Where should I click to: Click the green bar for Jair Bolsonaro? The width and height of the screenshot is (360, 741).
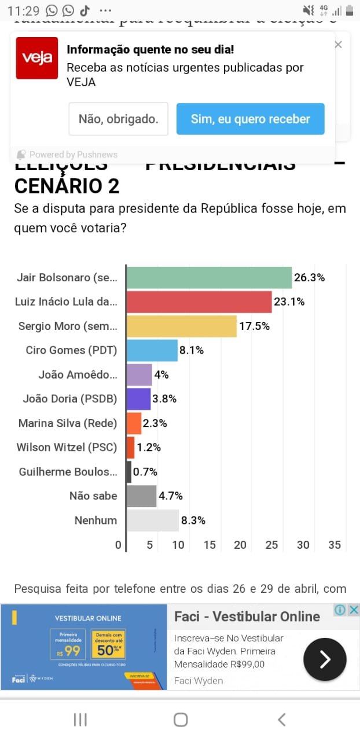[x=209, y=277]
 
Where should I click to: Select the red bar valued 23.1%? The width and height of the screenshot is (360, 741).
[x=199, y=302]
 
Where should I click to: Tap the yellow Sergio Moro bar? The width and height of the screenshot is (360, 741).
[x=182, y=326]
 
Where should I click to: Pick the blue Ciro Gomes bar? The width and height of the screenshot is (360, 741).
[x=152, y=350]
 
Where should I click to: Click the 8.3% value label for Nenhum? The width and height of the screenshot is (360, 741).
[x=193, y=520]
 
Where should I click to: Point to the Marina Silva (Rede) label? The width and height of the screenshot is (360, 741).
[x=68, y=423]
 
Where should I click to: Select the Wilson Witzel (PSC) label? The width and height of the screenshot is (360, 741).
[x=67, y=447]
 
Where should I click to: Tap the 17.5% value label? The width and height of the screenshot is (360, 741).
[x=254, y=326]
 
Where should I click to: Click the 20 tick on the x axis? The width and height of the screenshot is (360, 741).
[x=240, y=545]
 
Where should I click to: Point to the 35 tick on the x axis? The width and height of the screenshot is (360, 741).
[x=334, y=545]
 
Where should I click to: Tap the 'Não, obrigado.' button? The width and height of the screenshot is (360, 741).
[x=118, y=119]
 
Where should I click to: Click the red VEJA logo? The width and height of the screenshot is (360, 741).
[x=36, y=58]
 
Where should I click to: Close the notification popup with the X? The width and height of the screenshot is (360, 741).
[x=339, y=45]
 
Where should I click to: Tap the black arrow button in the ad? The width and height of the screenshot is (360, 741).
[x=325, y=659]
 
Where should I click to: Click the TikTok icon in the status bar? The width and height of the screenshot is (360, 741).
[x=85, y=10]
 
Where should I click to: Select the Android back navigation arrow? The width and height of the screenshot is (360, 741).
[x=282, y=720]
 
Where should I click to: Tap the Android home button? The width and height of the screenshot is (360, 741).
[x=181, y=720]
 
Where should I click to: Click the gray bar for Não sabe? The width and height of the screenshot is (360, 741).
[x=142, y=496]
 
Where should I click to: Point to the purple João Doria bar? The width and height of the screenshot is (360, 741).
[x=139, y=399]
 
